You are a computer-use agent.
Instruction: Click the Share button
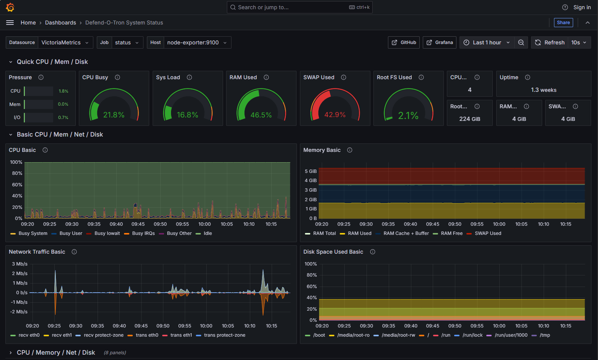563,23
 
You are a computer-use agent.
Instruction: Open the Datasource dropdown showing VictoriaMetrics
64,42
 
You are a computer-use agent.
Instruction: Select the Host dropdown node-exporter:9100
197,42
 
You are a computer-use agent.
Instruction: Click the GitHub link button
404,42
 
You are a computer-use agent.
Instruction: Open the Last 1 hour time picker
487,42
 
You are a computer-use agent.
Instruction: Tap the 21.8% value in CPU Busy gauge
114,115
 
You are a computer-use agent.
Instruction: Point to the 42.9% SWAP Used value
335,115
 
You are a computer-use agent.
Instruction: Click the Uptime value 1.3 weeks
543,90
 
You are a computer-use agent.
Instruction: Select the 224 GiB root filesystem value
469,119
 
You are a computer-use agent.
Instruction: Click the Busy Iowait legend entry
107,233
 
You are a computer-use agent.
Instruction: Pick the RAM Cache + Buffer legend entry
406,233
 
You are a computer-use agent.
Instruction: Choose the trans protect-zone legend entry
225,335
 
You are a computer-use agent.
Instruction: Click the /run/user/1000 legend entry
511,335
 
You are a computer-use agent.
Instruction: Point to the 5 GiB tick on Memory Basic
311,171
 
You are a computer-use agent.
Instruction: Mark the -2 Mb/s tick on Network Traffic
19,312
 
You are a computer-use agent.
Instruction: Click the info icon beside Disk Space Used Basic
373,252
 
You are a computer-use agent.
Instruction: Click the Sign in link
582,7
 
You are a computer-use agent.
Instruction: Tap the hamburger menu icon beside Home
10,23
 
